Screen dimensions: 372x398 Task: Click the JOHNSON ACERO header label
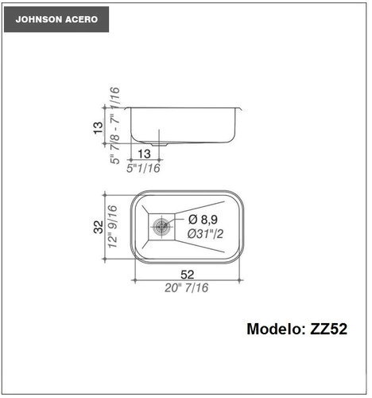point(56,19)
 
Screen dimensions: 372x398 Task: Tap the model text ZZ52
point(328,329)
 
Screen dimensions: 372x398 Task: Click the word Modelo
point(276,329)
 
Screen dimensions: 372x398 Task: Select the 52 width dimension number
point(188,275)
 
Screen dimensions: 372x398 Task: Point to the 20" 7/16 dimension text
point(187,288)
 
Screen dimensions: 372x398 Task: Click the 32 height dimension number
point(99,227)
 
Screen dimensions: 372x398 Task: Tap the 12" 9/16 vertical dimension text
point(112,227)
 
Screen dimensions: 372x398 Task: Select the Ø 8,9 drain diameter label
point(203,220)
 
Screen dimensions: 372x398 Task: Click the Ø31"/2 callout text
point(205,234)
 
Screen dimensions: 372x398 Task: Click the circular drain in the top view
point(161,227)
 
